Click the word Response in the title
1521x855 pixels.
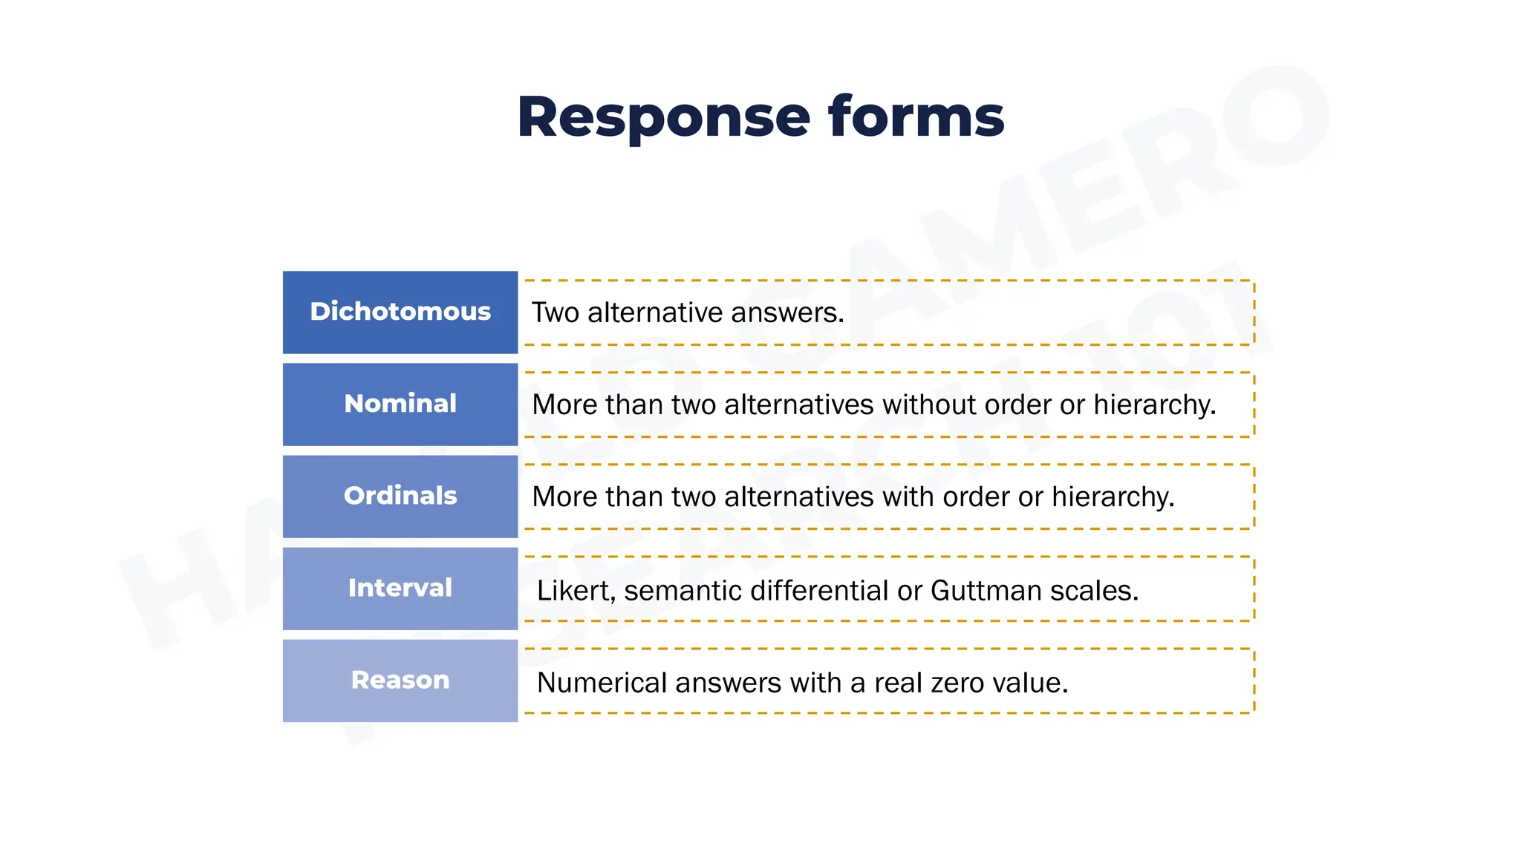pos(662,117)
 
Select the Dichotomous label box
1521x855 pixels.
pos(400,312)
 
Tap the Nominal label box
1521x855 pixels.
pos(400,404)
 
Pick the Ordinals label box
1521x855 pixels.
pos(400,496)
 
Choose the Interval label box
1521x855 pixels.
pos(400,588)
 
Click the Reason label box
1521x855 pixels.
pos(400,680)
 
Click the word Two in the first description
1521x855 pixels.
pos(555,313)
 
